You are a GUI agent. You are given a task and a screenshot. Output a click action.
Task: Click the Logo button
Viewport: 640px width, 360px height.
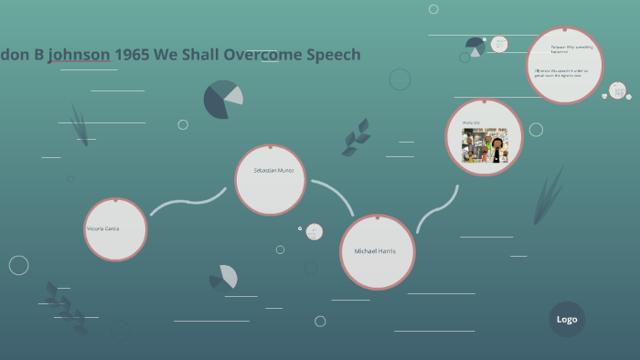pos(567,319)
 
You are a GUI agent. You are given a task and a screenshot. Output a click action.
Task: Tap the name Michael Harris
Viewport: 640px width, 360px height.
pos(375,250)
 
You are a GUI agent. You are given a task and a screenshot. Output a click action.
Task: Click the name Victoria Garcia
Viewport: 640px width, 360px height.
pos(102,228)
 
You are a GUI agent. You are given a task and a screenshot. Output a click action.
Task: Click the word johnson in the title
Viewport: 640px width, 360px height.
pos(80,55)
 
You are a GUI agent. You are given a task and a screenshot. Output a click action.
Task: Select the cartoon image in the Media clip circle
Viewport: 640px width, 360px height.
pos(485,144)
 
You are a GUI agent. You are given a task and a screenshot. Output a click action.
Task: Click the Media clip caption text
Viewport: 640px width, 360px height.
pos(471,122)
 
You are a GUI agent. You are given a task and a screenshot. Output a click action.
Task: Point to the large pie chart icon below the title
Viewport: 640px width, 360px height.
pos(222,100)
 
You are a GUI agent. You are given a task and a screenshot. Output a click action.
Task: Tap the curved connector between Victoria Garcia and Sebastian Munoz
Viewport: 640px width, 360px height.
pos(187,201)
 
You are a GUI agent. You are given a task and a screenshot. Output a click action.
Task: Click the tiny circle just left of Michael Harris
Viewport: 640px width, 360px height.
pos(300,228)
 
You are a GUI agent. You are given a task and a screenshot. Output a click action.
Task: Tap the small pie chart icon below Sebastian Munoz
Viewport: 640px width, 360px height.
pos(224,277)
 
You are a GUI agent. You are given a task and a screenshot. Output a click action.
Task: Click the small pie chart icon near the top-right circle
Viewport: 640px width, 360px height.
pos(475,45)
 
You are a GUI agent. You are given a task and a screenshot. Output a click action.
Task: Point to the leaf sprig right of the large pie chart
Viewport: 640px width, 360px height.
pos(357,137)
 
